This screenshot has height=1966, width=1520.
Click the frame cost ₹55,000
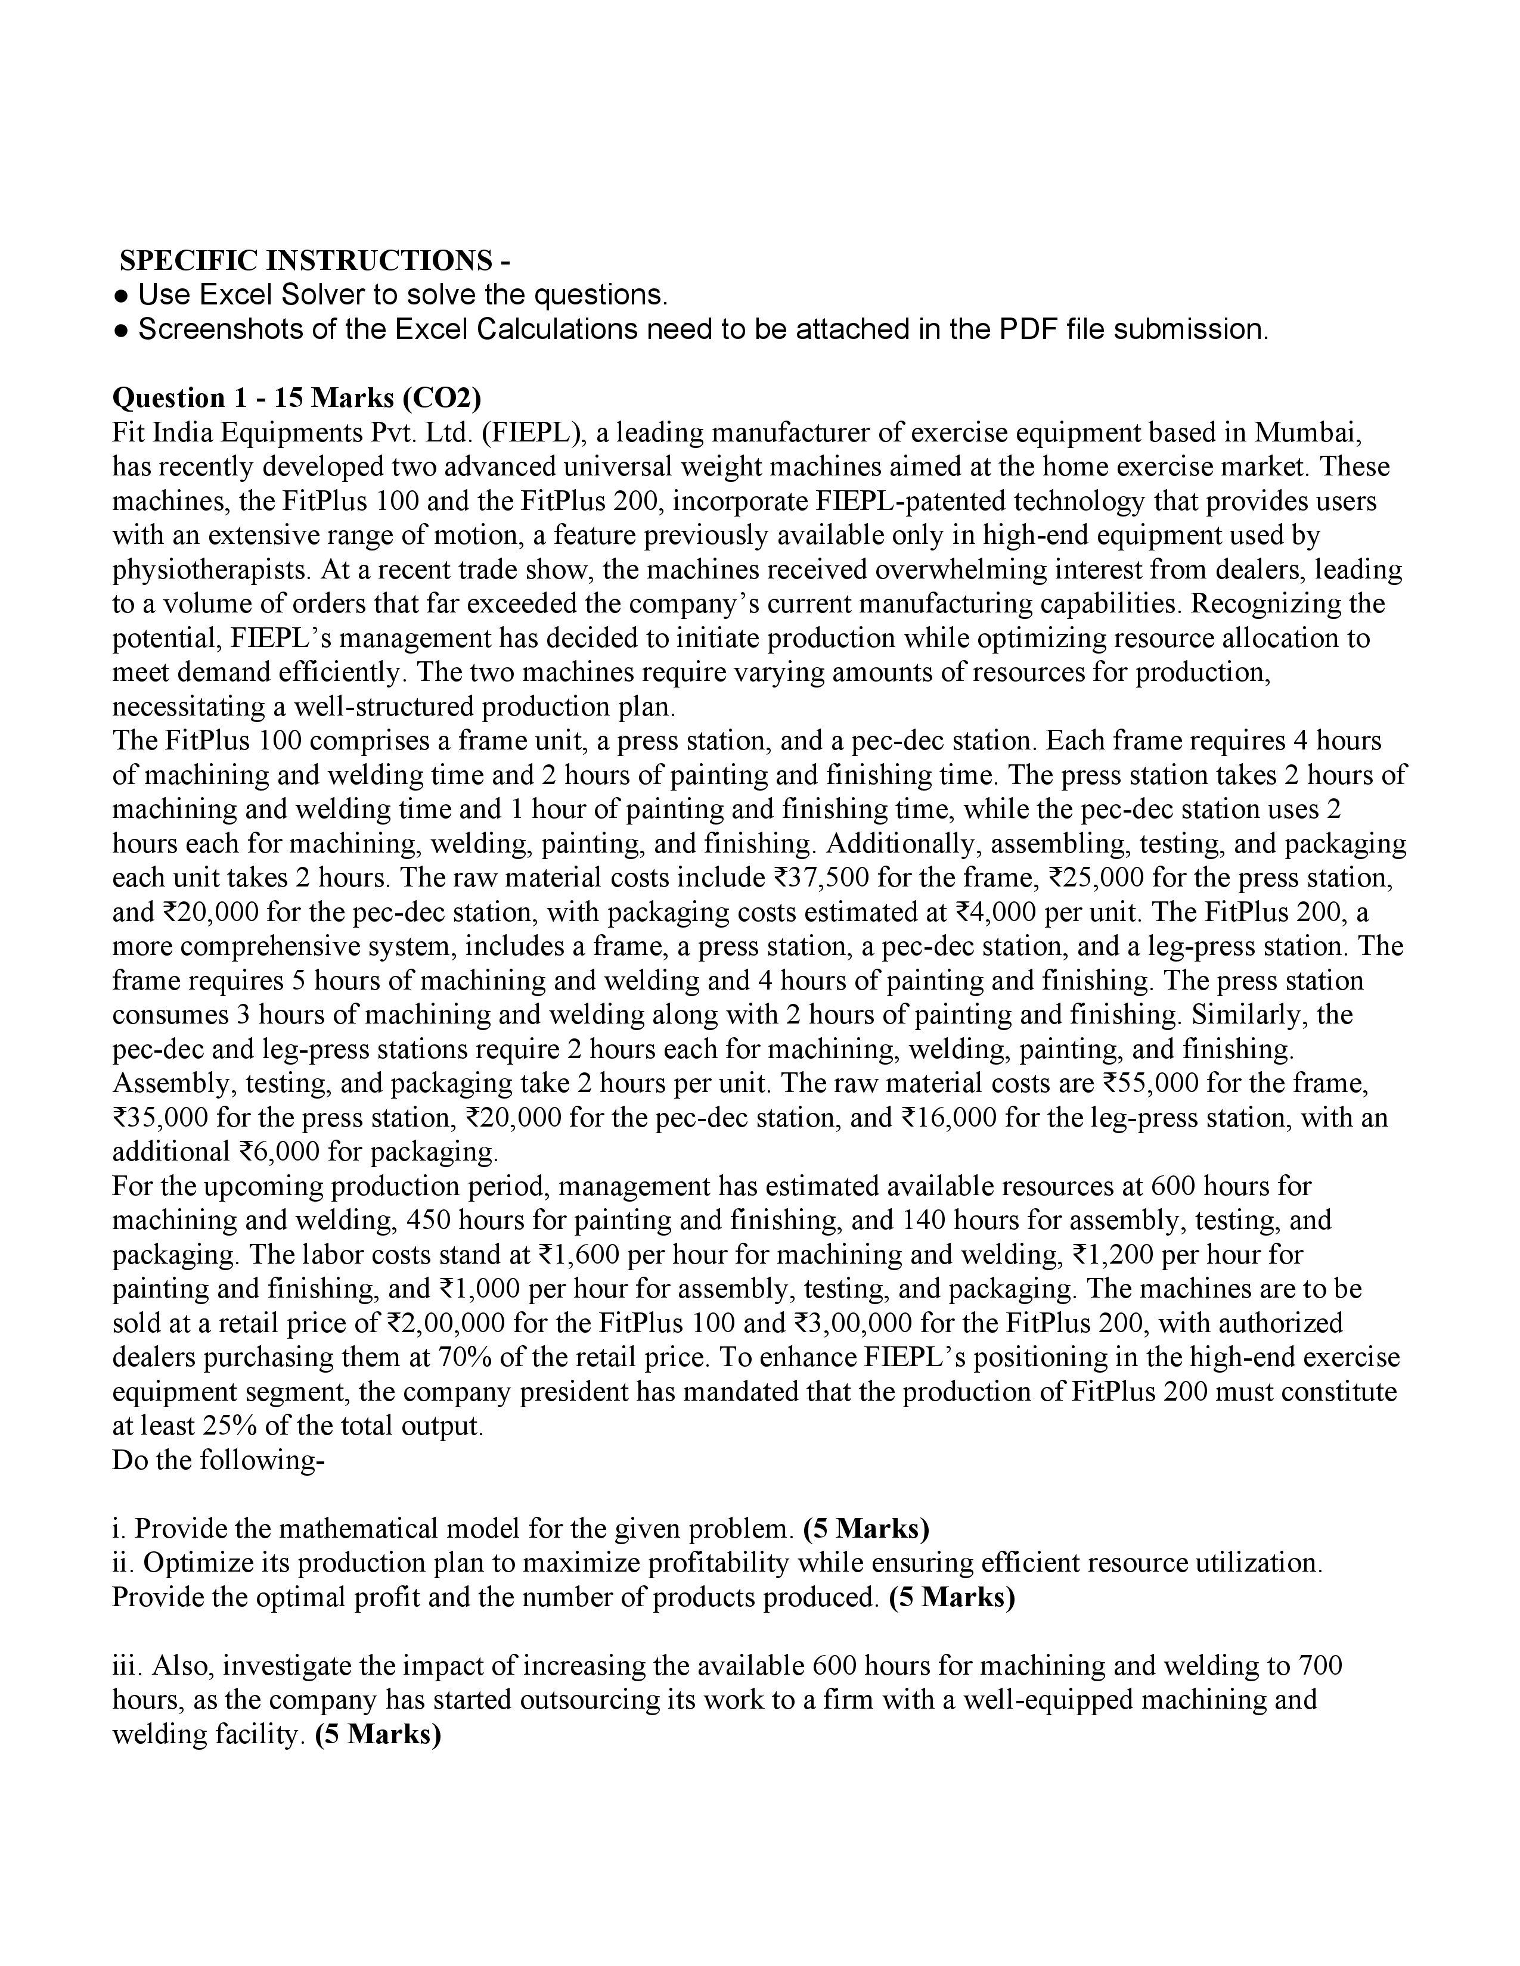point(1144,1083)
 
